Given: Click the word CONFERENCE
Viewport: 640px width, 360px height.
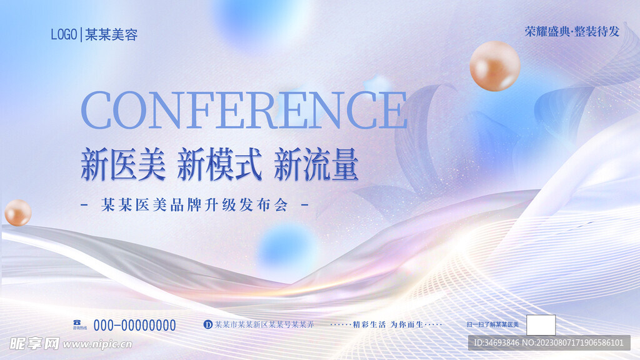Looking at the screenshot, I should [x=244, y=111].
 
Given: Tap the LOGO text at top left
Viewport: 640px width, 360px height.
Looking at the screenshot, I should [x=63, y=34].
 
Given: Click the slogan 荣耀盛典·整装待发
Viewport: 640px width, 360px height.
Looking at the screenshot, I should [x=572, y=32].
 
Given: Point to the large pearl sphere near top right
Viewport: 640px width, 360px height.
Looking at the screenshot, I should [x=495, y=66].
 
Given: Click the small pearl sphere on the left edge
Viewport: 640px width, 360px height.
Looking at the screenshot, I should [x=17, y=212].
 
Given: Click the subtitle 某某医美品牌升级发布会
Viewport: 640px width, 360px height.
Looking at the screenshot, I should [x=194, y=206].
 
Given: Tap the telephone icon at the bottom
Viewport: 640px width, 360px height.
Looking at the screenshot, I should [x=78, y=322].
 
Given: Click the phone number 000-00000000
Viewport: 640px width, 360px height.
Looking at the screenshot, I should [x=134, y=325].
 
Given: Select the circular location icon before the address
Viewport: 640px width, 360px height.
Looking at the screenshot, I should [x=208, y=324].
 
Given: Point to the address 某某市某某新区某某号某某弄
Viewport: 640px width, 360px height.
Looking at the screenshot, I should [x=264, y=324].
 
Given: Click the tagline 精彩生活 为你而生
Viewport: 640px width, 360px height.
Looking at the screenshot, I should [x=385, y=324].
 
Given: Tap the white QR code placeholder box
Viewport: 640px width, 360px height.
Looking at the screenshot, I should [x=541, y=325].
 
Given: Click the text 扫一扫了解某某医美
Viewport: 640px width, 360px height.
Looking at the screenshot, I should [x=492, y=324].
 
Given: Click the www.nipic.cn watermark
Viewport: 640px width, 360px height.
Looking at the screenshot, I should [x=97, y=344].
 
